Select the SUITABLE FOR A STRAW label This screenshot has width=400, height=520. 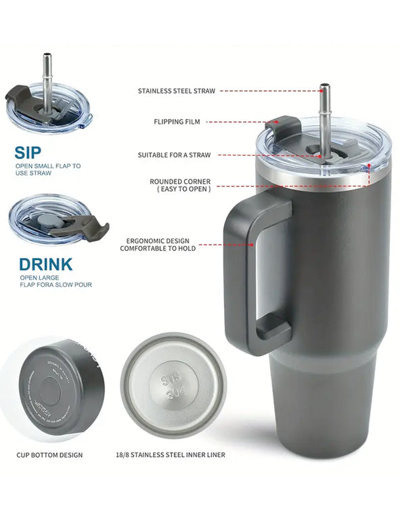[x=174, y=155]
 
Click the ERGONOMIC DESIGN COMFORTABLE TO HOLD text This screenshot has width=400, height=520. [x=158, y=244]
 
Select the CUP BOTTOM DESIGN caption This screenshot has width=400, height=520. [x=49, y=454]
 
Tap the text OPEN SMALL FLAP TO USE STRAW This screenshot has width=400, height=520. [x=48, y=169]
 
